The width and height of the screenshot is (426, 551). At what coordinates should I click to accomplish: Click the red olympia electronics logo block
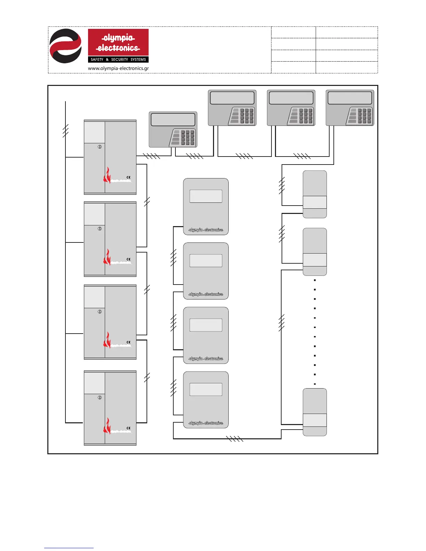(x=118, y=42)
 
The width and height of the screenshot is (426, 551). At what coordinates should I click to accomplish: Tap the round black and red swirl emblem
(x=65, y=46)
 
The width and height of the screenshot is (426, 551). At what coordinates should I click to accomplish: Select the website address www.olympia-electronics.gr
(x=118, y=69)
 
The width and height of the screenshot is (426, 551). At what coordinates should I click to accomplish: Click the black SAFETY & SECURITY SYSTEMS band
(x=118, y=59)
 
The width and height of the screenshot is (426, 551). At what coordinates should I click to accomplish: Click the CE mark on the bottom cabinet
(x=128, y=428)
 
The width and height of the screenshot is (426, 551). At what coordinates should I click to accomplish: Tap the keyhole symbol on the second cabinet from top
(x=100, y=229)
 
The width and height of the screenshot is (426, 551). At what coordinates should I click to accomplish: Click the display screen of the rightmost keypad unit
(x=350, y=98)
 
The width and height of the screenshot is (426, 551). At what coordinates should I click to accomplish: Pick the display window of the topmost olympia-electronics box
(x=206, y=196)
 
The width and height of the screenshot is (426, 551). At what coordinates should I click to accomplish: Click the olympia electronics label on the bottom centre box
(x=206, y=423)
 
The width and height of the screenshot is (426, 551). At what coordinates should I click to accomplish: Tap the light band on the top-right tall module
(x=315, y=202)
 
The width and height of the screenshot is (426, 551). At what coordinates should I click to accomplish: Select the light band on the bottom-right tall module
(x=315, y=420)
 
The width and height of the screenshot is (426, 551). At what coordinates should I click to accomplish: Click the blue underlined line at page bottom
(x=69, y=548)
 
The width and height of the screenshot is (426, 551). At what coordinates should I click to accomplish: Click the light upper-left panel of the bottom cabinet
(x=94, y=383)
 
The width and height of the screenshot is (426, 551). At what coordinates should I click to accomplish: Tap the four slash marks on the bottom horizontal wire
(x=235, y=439)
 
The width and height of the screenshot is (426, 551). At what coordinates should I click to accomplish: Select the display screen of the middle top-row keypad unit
(x=291, y=98)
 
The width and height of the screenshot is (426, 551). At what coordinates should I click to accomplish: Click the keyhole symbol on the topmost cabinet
(x=100, y=147)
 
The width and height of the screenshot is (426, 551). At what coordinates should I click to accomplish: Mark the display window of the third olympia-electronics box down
(x=206, y=325)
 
